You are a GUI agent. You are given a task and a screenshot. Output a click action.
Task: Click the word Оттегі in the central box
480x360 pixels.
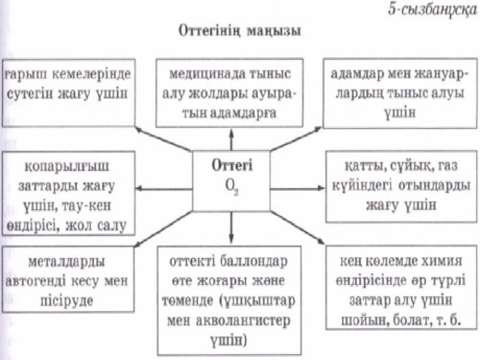point(232,166)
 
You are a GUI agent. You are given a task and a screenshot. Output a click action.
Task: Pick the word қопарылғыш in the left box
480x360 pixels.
point(66,167)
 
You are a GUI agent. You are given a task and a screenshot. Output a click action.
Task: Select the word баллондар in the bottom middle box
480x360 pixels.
point(254,261)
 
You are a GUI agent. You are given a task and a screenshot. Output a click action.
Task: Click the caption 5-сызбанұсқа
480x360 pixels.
point(432,10)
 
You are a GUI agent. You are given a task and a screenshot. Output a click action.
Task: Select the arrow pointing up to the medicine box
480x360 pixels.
point(231,139)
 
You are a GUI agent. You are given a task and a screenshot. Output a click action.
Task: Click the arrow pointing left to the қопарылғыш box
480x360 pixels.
point(164,188)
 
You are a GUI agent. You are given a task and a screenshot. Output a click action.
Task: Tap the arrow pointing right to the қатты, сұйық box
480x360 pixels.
point(297,188)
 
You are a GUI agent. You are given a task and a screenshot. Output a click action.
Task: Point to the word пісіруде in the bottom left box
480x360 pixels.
point(66,301)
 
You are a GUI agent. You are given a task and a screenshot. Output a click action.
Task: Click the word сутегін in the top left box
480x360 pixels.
point(29,93)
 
